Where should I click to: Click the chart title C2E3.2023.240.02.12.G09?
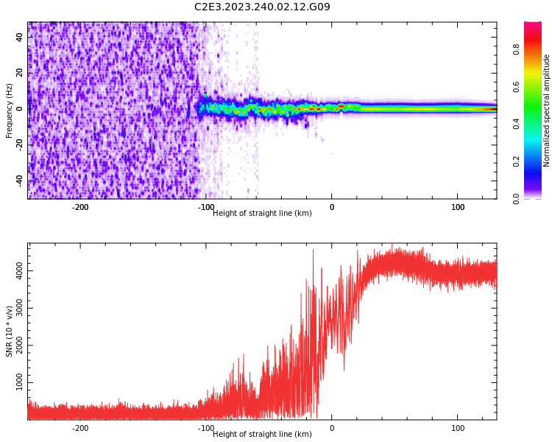[262, 7]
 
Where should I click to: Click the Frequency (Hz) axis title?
[10, 110]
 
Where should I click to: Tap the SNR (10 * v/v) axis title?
[10, 331]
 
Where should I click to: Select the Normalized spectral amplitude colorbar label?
[547, 110]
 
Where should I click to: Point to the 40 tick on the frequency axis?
[20, 37]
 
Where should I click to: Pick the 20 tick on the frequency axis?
[20, 73]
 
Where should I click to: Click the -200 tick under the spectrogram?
[80, 207]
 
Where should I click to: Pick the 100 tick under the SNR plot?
[458, 428]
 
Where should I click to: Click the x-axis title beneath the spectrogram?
[262, 214]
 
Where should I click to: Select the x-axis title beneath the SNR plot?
[262, 435]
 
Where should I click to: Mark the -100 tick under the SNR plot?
[206, 428]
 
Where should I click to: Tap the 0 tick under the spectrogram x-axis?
[332, 207]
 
